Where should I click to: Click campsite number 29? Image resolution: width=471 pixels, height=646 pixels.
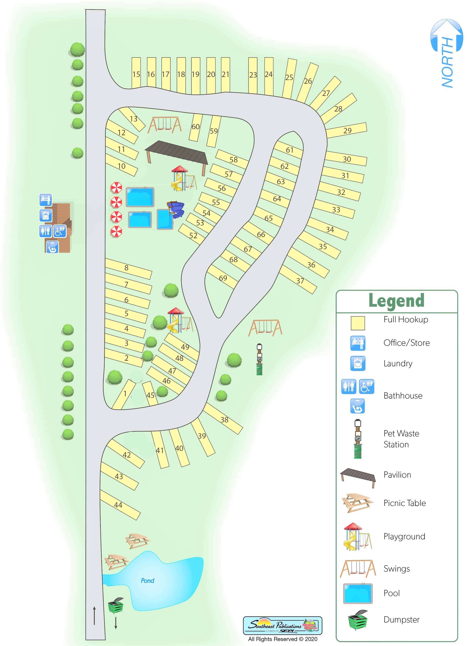coord(347,131)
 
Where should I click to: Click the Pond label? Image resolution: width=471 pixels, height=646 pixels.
coord(147,580)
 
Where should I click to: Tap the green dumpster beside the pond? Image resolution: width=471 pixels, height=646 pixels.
coord(116,605)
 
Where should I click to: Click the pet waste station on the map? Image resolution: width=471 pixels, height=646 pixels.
coord(259,360)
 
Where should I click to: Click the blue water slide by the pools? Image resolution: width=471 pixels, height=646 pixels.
coord(176,210)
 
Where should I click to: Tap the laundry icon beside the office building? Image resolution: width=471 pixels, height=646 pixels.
coord(46,215)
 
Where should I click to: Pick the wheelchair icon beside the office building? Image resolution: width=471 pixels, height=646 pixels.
coord(60,231)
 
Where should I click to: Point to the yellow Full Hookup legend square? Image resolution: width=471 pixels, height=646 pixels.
coord(358,323)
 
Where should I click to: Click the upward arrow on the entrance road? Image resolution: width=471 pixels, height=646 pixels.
coord(94,616)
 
